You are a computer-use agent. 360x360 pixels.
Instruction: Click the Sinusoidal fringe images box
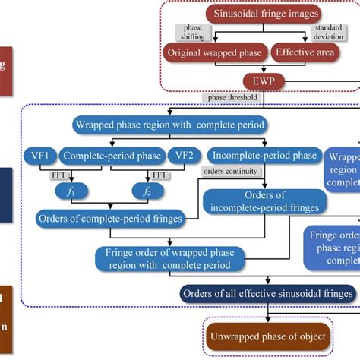pyautogui.click(x=261, y=14)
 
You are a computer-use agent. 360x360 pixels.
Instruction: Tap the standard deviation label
pyautogui.click(x=327, y=34)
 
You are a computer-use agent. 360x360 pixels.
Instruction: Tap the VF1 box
pyautogui.click(x=39, y=156)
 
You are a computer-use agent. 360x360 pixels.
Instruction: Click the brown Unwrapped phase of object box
pyautogui.click(x=267, y=336)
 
